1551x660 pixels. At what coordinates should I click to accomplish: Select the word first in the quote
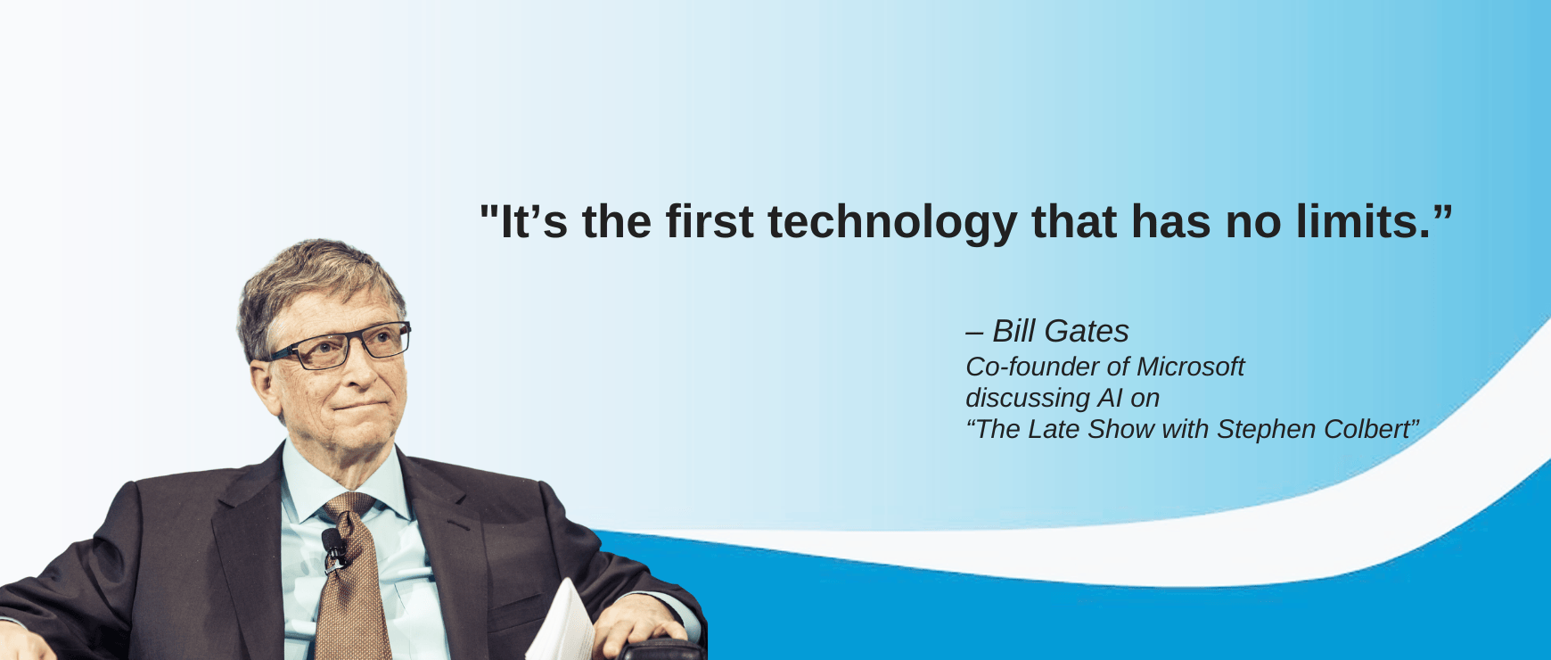710,221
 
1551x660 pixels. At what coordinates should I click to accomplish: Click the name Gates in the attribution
1086,331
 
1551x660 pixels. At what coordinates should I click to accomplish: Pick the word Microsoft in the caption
1190,367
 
